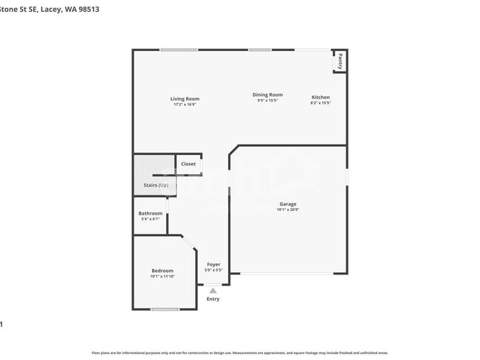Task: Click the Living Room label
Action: (185, 99)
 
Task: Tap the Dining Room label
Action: (267, 94)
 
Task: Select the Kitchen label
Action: (320, 97)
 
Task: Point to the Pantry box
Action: (340, 61)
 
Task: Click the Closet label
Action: (188, 164)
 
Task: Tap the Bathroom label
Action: (150, 213)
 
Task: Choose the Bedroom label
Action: (162, 271)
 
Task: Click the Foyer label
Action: (213, 264)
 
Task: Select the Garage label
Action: (287, 204)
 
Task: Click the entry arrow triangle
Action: (213, 291)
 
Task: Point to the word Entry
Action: (213, 299)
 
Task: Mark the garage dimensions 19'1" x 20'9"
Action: (287, 210)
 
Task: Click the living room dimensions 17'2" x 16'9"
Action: (185, 104)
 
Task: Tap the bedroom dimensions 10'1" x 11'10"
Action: (162, 277)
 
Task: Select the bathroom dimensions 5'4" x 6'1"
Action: (150, 219)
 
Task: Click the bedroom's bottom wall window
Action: (165, 309)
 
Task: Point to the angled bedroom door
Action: (188, 242)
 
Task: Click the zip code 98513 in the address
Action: (87, 10)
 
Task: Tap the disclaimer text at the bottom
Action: (240, 352)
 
